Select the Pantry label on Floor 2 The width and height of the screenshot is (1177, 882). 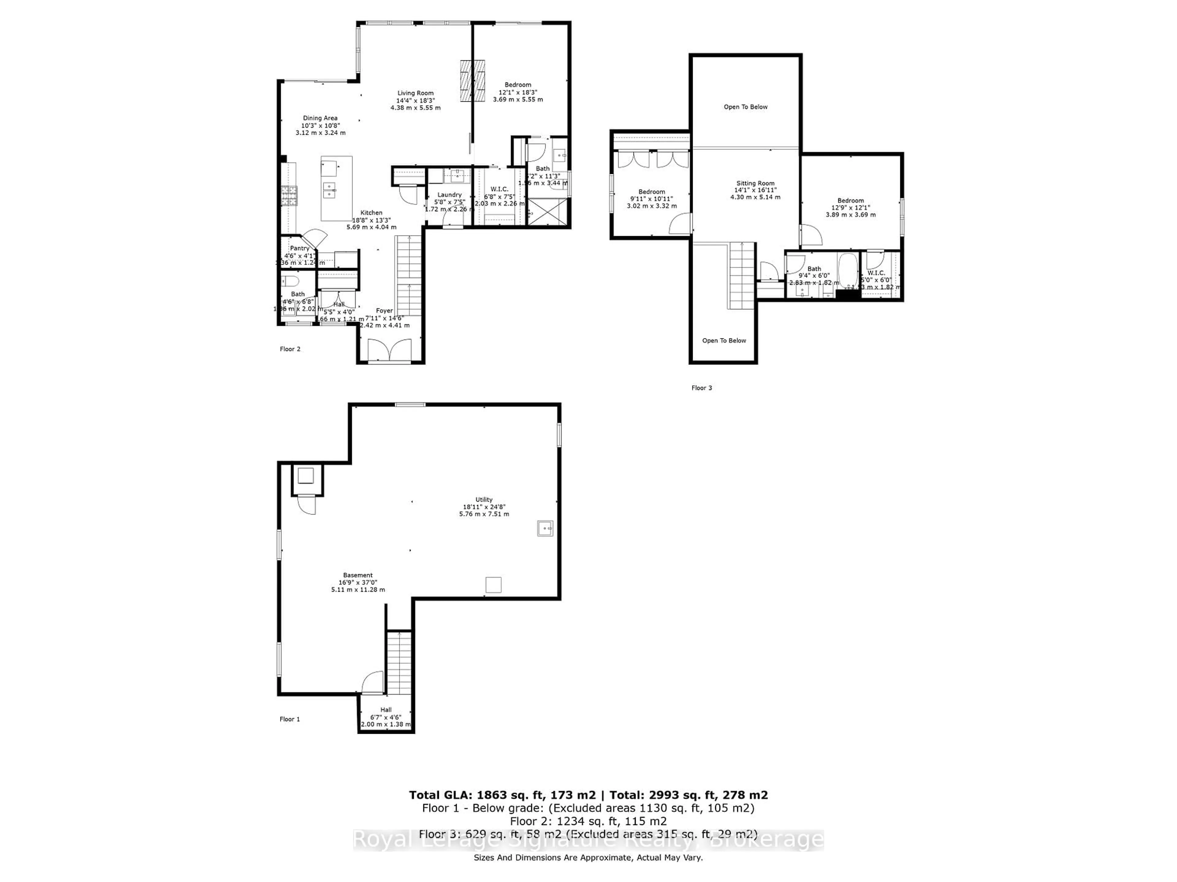click(x=299, y=248)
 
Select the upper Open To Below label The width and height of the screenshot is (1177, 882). click(x=745, y=107)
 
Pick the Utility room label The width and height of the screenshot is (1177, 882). click(x=484, y=500)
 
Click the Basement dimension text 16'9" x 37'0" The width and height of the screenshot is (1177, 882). click(x=358, y=583)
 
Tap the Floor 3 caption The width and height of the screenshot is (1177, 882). click(x=701, y=388)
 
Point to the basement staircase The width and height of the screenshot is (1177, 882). click(x=399, y=662)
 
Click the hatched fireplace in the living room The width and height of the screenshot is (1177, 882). click(x=473, y=81)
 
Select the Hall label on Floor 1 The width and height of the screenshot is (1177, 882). click(x=386, y=710)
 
